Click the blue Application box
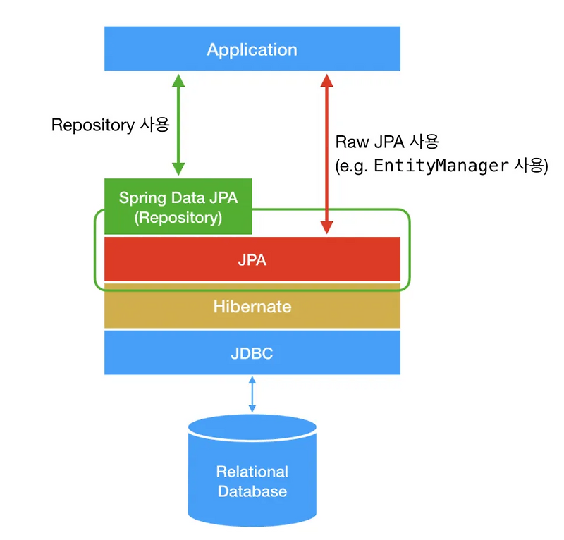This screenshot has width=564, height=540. pyautogui.click(x=252, y=49)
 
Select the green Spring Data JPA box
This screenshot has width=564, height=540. pyautogui.click(x=178, y=207)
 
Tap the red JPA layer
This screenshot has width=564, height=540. pyautogui.click(x=252, y=259)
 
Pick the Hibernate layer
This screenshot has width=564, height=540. pyautogui.click(x=252, y=307)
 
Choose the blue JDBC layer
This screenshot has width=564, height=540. pyautogui.click(x=252, y=352)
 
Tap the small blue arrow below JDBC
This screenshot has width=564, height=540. pyautogui.click(x=252, y=395)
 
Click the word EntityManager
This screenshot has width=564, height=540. pyautogui.click(x=440, y=166)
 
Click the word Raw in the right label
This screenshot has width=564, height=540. pyautogui.click(x=348, y=142)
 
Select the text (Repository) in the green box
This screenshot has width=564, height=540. pyautogui.click(x=178, y=218)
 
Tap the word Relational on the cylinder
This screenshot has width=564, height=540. pyautogui.click(x=252, y=472)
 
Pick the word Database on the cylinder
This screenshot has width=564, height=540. pyautogui.click(x=252, y=491)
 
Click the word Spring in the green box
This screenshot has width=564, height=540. pyautogui.click(x=140, y=197)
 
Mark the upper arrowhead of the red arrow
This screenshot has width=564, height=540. pyautogui.click(x=326, y=79)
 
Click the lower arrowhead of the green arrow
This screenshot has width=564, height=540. pyautogui.click(x=178, y=168)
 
